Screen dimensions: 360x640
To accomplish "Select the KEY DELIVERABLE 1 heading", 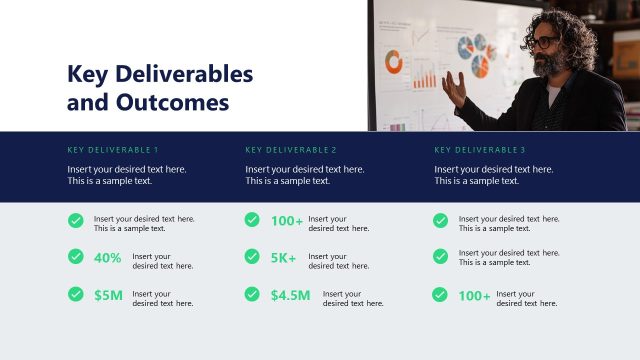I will [x=113, y=150].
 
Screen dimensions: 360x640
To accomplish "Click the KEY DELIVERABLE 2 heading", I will [x=291, y=150].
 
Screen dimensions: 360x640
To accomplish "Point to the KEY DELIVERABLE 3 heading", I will [x=480, y=150].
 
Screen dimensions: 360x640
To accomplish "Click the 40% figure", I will [x=108, y=258].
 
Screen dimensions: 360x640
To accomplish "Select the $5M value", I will [x=108, y=295].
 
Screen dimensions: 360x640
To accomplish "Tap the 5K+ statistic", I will [x=284, y=258].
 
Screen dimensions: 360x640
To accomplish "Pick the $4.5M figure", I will [x=290, y=295].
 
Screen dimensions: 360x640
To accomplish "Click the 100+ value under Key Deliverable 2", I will [x=286, y=221].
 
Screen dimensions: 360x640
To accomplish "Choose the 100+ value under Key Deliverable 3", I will [x=474, y=296].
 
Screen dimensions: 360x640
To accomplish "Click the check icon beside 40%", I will [x=76, y=257].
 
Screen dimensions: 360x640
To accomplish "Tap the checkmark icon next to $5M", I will [x=76, y=294].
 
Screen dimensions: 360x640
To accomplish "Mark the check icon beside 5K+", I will [x=252, y=257].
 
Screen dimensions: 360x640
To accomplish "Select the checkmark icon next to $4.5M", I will [x=252, y=294].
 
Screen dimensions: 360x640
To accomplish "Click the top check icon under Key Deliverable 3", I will [x=440, y=220].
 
